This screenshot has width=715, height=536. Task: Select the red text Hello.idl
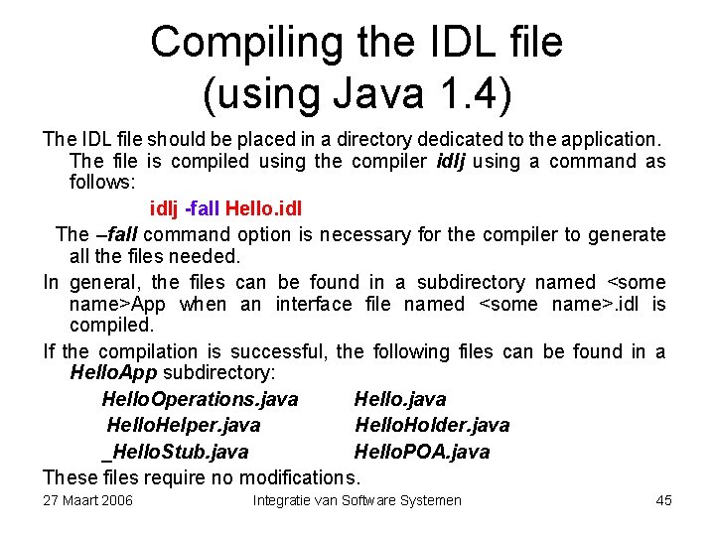[x=264, y=209]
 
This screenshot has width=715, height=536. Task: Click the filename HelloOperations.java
[x=200, y=399]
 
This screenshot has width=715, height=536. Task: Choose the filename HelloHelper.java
[x=184, y=425]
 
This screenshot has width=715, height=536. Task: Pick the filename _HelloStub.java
[x=175, y=452]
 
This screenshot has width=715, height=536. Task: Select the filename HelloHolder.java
[x=432, y=425]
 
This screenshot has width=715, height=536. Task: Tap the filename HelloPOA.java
[x=422, y=452]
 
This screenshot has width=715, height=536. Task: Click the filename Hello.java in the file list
[x=400, y=399]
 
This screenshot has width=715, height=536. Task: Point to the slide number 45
[x=664, y=500]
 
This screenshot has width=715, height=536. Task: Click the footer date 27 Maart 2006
[x=87, y=500]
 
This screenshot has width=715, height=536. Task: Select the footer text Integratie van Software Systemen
[x=357, y=500]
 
